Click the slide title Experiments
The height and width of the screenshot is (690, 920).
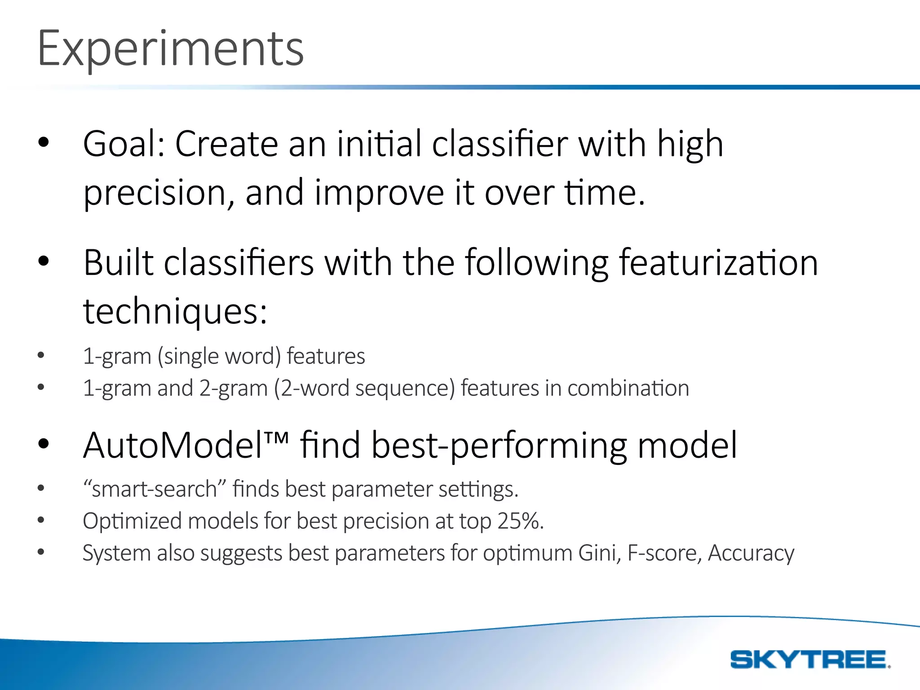tap(171, 49)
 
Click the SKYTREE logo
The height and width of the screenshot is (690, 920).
tap(810, 659)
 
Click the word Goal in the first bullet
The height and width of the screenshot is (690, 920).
tap(120, 144)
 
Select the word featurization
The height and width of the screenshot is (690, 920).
tap(718, 263)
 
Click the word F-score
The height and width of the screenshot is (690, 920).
tap(664, 553)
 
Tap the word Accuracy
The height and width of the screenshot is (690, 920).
tap(751, 553)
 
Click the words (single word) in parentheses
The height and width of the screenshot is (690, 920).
tap(219, 356)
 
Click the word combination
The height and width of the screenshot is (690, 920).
tap(628, 388)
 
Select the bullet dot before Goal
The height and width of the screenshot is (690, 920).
tap(43, 143)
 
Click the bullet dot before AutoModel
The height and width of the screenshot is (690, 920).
tap(43, 444)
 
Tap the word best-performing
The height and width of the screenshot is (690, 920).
tap(499, 446)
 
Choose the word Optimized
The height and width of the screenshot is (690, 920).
tap(132, 522)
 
